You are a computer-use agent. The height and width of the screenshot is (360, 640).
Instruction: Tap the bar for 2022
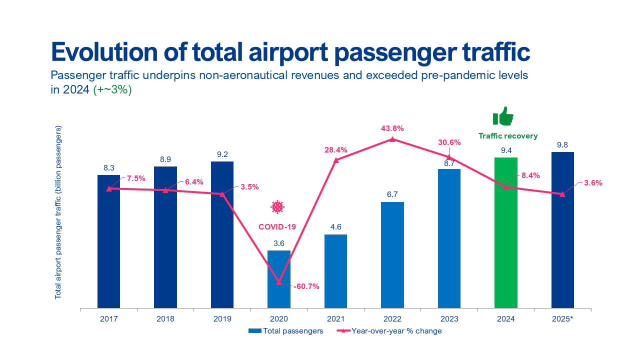coord(392,255)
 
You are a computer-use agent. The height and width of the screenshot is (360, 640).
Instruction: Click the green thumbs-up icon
coord(503,116)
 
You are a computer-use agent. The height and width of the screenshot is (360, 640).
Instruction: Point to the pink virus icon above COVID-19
coord(277,206)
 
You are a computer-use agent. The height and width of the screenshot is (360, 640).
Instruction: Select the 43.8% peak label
coord(392,128)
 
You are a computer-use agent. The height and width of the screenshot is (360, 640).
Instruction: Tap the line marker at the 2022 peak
coord(392,139)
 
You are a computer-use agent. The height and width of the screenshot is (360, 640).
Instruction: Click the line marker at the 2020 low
coord(279,282)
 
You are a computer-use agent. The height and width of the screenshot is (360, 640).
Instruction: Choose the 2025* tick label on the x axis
coord(562,318)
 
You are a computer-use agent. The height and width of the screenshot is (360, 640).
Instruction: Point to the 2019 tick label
coord(222,318)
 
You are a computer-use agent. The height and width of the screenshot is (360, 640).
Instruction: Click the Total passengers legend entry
coord(286,331)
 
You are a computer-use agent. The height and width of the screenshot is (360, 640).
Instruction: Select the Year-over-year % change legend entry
coord(389,331)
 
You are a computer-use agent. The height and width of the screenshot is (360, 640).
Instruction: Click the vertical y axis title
coord(58,212)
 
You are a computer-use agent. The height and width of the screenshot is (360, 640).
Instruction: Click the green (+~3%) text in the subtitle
coord(112,90)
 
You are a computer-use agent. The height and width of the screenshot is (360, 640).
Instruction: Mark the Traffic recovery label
coord(508,136)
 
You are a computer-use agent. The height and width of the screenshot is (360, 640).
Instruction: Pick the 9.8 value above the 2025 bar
coord(562,145)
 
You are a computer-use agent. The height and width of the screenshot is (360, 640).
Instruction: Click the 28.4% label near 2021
coord(335,149)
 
